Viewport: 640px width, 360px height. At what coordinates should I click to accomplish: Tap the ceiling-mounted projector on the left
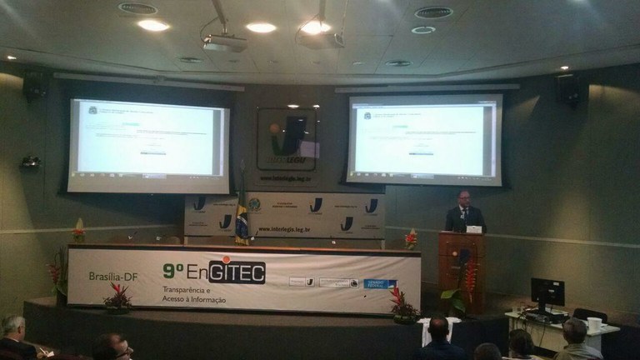pos(223,42)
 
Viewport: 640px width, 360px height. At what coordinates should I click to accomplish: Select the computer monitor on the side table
pos(547,294)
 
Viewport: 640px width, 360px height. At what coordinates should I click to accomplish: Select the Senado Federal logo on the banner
pos(381,284)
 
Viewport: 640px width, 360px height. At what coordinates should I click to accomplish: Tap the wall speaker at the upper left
pos(33,85)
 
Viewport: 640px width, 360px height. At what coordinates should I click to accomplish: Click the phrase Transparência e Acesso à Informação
pos(192,292)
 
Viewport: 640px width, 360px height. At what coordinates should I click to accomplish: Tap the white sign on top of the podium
pos(473,228)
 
